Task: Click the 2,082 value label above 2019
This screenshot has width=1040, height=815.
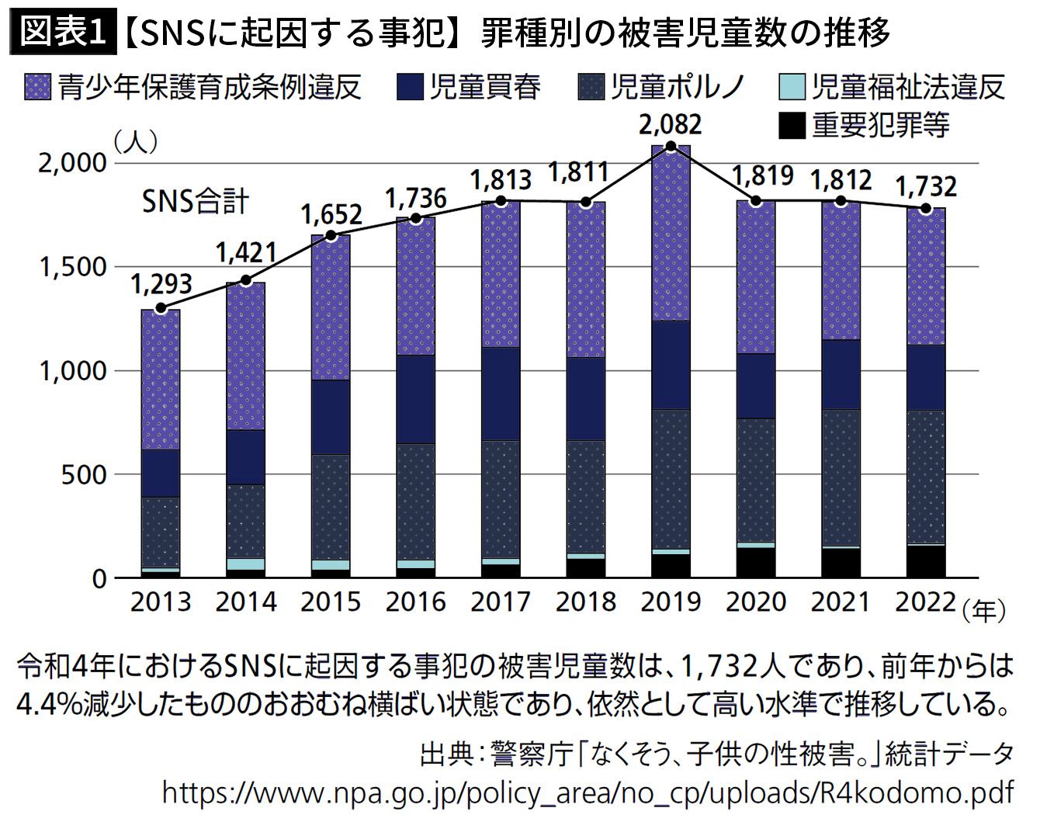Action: [x=671, y=124]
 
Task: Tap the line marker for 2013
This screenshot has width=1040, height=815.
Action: [x=161, y=308]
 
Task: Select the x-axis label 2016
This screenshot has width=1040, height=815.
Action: [x=416, y=602]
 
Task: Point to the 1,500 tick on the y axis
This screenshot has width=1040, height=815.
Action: [x=72, y=267]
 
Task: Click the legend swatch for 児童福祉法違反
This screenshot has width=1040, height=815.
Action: [x=791, y=88]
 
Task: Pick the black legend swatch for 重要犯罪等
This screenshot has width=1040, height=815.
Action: [x=791, y=125]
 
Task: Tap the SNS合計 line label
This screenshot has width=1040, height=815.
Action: [x=195, y=201]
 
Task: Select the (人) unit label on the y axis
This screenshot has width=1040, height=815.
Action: [x=136, y=142]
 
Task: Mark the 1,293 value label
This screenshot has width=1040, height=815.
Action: [x=161, y=284]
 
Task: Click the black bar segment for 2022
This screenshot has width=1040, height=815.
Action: [x=926, y=561]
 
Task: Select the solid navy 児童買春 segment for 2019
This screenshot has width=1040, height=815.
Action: [x=671, y=365]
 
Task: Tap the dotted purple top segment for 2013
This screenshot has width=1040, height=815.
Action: [x=161, y=379]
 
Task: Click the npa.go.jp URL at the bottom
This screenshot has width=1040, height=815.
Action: [x=588, y=792]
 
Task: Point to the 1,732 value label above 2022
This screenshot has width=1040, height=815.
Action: [x=926, y=186]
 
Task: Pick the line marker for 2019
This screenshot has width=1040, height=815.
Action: [x=671, y=146]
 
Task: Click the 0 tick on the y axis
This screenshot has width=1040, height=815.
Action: [x=98, y=578]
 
